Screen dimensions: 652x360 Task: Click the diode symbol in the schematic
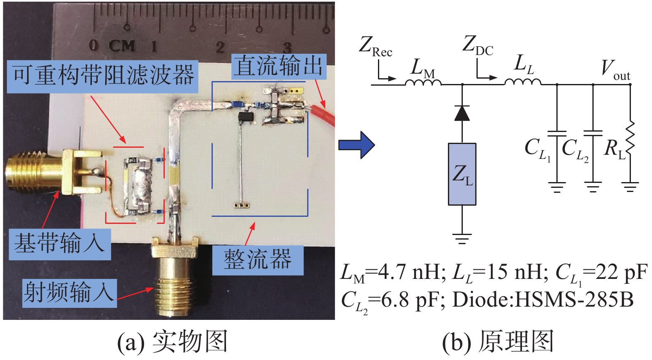(x=462, y=113)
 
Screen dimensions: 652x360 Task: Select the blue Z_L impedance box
(x=462, y=174)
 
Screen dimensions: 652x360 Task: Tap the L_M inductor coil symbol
(x=423, y=82)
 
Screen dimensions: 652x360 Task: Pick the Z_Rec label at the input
(x=375, y=46)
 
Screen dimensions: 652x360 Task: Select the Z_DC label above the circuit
(x=478, y=45)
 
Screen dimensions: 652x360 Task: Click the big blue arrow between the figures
(x=356, y=145)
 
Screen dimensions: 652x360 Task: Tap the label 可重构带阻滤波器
(x=103, y=76)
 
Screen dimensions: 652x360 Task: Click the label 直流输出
(x=278, y=66)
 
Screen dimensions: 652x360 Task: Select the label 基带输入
(x=60, y=243)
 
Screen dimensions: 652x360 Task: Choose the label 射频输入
(x=69, y=293)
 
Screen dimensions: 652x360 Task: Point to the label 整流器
(x=257, y=259)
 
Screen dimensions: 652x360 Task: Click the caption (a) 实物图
(x=172, y=342)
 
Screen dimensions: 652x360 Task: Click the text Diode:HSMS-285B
(x=543, y=300)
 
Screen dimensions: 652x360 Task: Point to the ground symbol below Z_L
(x=462, y=238)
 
